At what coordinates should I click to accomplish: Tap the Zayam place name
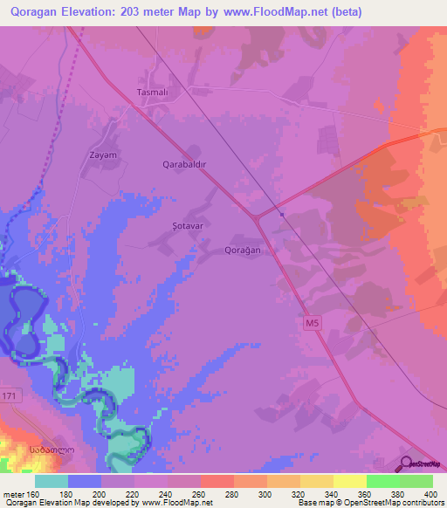[103, 154]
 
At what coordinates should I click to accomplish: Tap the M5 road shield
[313, 324]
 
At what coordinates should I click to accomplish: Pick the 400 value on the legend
[428, 493]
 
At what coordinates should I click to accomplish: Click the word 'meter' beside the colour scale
[14, 493]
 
